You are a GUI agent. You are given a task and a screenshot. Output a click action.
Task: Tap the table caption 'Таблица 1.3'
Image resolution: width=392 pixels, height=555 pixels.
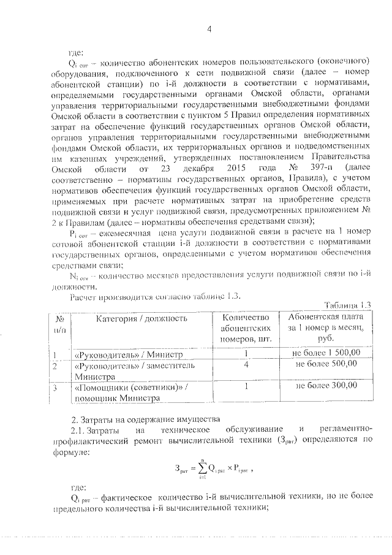pos(346,305)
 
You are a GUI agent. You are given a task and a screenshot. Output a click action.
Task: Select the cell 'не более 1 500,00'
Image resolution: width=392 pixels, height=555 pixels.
pos(325,353)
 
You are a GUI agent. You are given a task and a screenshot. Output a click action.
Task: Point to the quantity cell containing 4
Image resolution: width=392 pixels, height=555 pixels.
pos(245,364)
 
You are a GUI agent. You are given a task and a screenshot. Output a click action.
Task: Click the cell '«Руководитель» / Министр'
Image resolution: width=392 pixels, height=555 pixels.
pos(112,354)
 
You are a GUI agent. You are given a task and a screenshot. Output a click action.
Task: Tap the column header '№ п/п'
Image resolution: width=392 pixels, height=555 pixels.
pos(60,323)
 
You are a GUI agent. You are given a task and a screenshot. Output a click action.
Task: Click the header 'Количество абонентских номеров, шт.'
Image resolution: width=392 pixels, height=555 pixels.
pos(246,328)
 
